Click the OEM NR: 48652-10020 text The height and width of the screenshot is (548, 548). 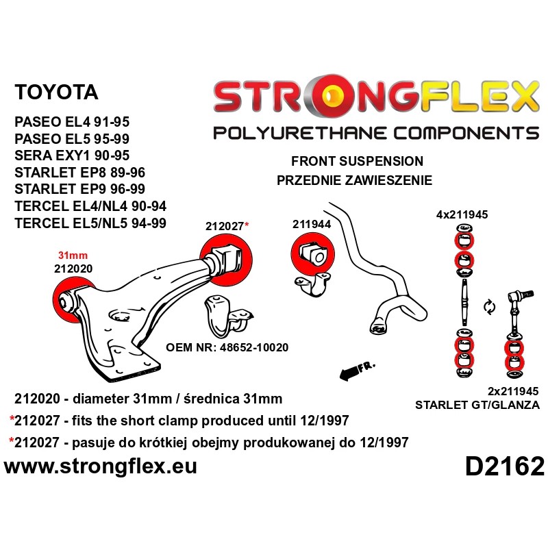(227, 347)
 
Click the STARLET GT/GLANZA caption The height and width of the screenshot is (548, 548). (477, 405)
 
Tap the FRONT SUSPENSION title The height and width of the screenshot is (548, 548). (357, 162)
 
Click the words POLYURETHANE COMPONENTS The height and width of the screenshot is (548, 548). (376, 133)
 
